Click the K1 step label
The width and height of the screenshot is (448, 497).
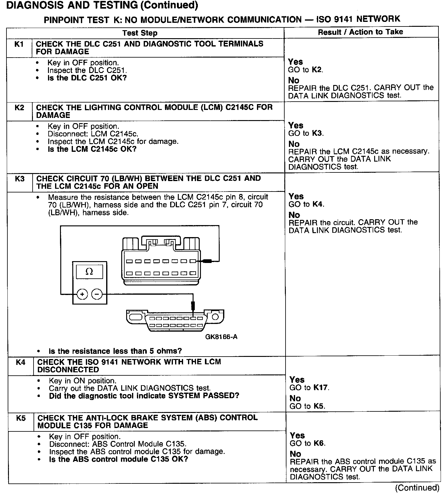pos(19,44)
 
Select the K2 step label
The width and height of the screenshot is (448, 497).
pos(19,108)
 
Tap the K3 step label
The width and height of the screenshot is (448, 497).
pos(20,179)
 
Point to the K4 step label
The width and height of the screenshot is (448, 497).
pos(21,362)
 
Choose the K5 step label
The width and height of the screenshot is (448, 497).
pos(21,418)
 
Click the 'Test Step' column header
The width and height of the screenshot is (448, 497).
pos(140,33)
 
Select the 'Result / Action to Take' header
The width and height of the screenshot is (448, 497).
pos(360,32)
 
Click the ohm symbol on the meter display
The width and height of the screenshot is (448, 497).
pos(89,272)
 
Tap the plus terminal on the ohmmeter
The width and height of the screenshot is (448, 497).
pos(82,294)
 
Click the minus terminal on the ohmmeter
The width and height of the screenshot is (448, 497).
pos(97,294)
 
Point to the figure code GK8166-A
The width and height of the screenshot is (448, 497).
pos(221,337)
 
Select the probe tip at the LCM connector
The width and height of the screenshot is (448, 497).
pos(206,261)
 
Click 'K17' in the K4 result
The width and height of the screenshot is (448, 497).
pos(320,388)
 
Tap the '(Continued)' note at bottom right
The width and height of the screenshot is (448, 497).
pos(417,488)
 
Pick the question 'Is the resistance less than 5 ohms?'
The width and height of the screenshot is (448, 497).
pos(115,351)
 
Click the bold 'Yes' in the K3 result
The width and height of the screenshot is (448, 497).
pos(296,196)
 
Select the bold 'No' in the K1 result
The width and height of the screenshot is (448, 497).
pos(294,80)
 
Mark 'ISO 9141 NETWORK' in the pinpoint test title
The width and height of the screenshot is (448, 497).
pos(358,19)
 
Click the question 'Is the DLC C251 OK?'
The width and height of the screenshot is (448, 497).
pos(87,78)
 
